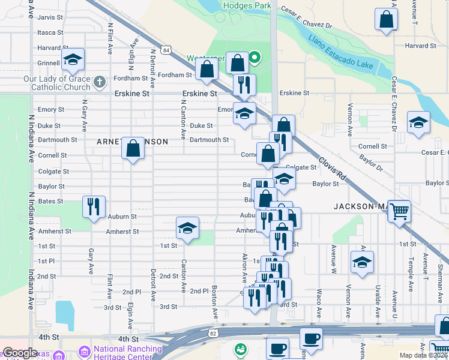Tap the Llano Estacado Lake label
tap(341, 52)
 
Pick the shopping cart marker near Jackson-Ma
tap(399, 211)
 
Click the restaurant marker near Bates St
tap(93, 206)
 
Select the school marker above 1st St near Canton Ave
tap(187, 228)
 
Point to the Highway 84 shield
tap(166, 49)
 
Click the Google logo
tap(20, 353)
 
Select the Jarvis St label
tap(50, 17)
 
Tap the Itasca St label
tap(50, 32)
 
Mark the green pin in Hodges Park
tap(255, 58)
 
